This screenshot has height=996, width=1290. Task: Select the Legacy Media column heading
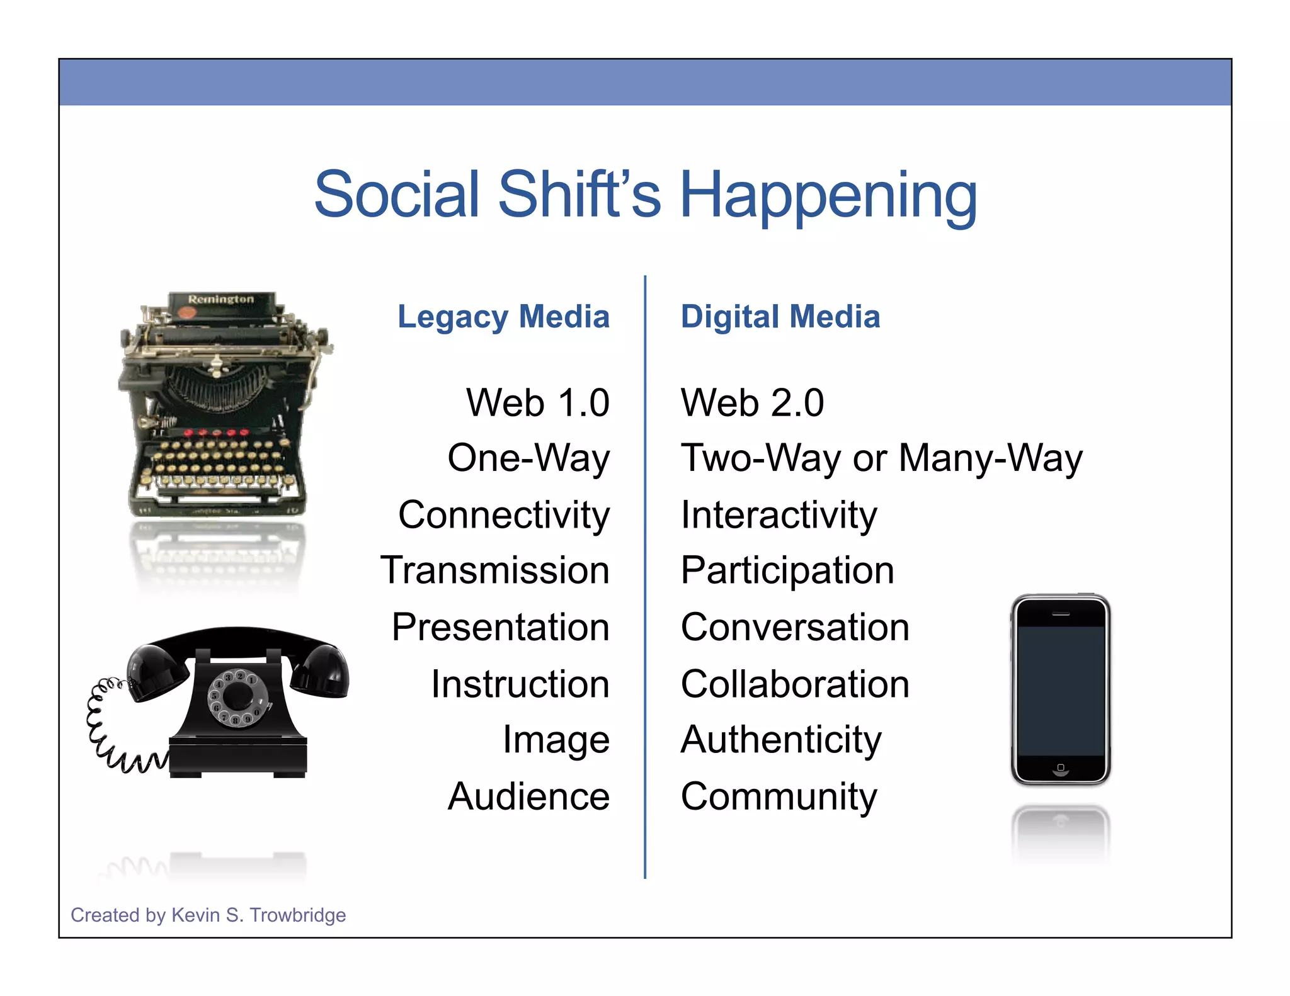503,317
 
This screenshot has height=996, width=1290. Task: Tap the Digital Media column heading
780,317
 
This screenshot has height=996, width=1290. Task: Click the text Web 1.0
537,403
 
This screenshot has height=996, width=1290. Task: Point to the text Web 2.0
752,403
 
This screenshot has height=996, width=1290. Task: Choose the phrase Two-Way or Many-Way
881,458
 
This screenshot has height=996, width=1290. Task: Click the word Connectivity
504,516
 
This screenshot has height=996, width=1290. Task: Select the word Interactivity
779,516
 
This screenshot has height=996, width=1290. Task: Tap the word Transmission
495,570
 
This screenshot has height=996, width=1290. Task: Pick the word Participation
787,570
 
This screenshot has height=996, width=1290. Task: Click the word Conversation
795,627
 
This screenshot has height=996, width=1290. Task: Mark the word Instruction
520,684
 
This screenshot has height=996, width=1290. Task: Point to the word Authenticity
781,740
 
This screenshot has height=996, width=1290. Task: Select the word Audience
528,796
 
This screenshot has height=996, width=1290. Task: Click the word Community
779,796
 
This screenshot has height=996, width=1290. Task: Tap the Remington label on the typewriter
221,299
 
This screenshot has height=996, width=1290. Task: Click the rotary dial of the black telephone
237,698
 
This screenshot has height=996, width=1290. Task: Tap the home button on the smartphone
1061,767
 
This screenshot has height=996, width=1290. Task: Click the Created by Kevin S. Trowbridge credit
208,915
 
